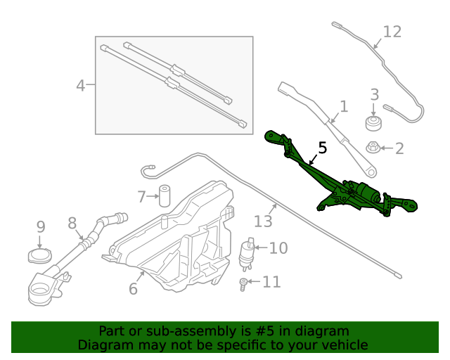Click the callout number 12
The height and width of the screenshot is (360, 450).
(392, 32)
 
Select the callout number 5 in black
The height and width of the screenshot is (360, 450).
(323, 148)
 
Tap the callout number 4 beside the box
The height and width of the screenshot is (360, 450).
(80, 86)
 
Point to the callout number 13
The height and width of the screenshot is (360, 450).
(262, 221)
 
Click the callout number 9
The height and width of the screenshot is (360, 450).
(41, 226)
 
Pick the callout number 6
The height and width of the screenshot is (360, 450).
(133, 288)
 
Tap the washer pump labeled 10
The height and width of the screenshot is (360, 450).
(247, 254)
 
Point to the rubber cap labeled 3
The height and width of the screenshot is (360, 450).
(373, 124)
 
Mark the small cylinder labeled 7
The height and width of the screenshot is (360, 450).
(165, 195)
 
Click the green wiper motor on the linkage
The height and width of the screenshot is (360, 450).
(364, 192)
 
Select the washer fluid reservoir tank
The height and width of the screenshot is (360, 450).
(176, 239)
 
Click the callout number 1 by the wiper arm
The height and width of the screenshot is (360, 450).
(344, 107)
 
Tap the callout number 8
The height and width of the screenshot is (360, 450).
(72, 223)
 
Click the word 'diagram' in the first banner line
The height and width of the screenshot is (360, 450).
(321, 330)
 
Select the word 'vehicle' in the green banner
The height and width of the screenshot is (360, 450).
(343, 345)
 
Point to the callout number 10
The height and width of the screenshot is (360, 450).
(278, 247)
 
